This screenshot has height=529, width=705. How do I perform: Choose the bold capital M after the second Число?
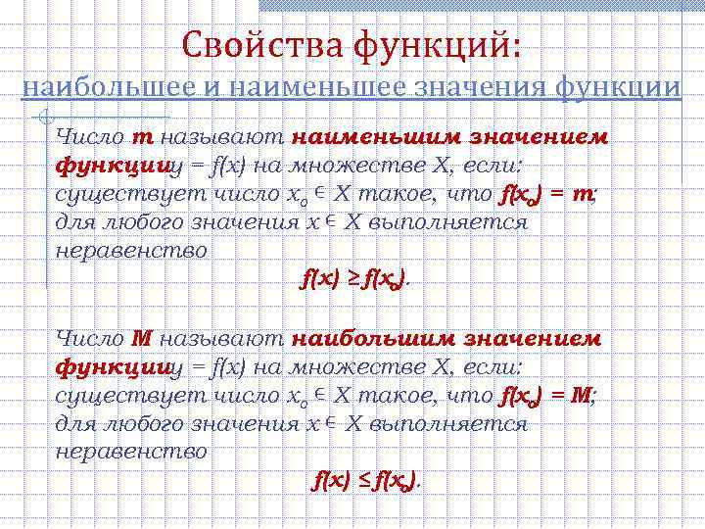pos(142,339)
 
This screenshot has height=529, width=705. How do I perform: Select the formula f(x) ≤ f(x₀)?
pos(365,480)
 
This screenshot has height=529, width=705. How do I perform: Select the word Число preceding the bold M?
pos(91,339)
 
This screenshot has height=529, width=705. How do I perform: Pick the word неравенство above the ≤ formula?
pos(131,452)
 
